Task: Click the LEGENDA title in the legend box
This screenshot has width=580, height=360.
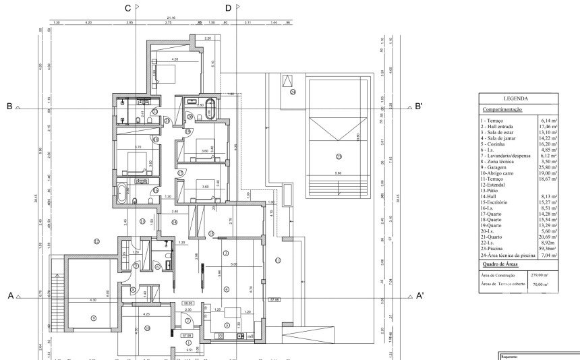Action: click(x=515, y=98)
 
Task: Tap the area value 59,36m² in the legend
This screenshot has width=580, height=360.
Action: click(x=545, y=249)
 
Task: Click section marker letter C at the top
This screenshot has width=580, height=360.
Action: click(x=127, y=8)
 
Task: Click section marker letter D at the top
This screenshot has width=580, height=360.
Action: click(x=227, y=8)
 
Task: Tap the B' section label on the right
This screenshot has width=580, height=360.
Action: click(x=419, y=107)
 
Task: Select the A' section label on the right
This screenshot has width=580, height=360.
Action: click(x=419, y=296)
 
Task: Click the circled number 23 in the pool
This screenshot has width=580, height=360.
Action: click(x=339, y=156)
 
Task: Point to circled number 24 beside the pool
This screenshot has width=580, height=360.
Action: click(x=293, y=92)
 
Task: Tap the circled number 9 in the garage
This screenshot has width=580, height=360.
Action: click(x=93, y=318)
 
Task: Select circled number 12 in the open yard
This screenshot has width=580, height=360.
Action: click(x=96, y=241)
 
